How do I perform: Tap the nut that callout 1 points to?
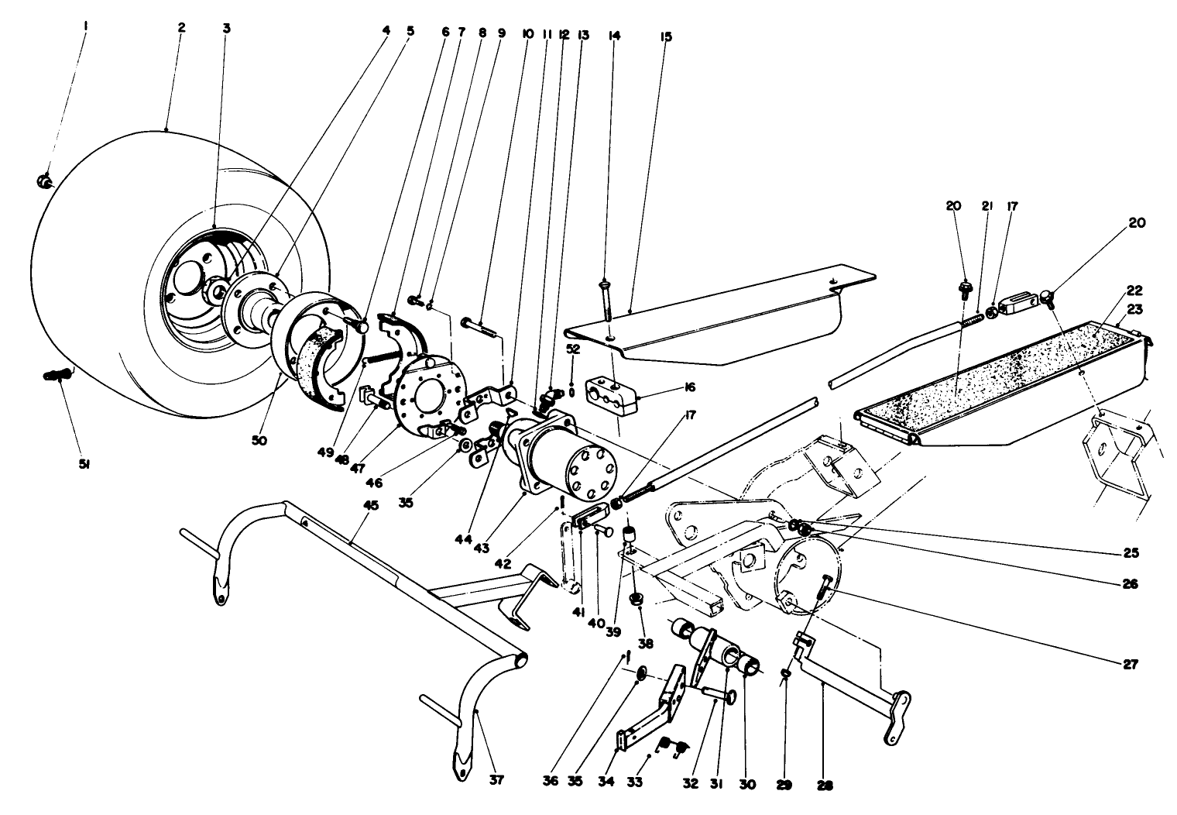click(x=44, y=182)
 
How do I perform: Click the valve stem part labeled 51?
click(x=57, y=376)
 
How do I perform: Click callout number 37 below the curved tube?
click(x=496, y=780)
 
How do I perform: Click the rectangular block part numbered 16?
click(x=611, y=389)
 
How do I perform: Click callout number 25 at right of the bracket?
click(x=1133, y=553)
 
